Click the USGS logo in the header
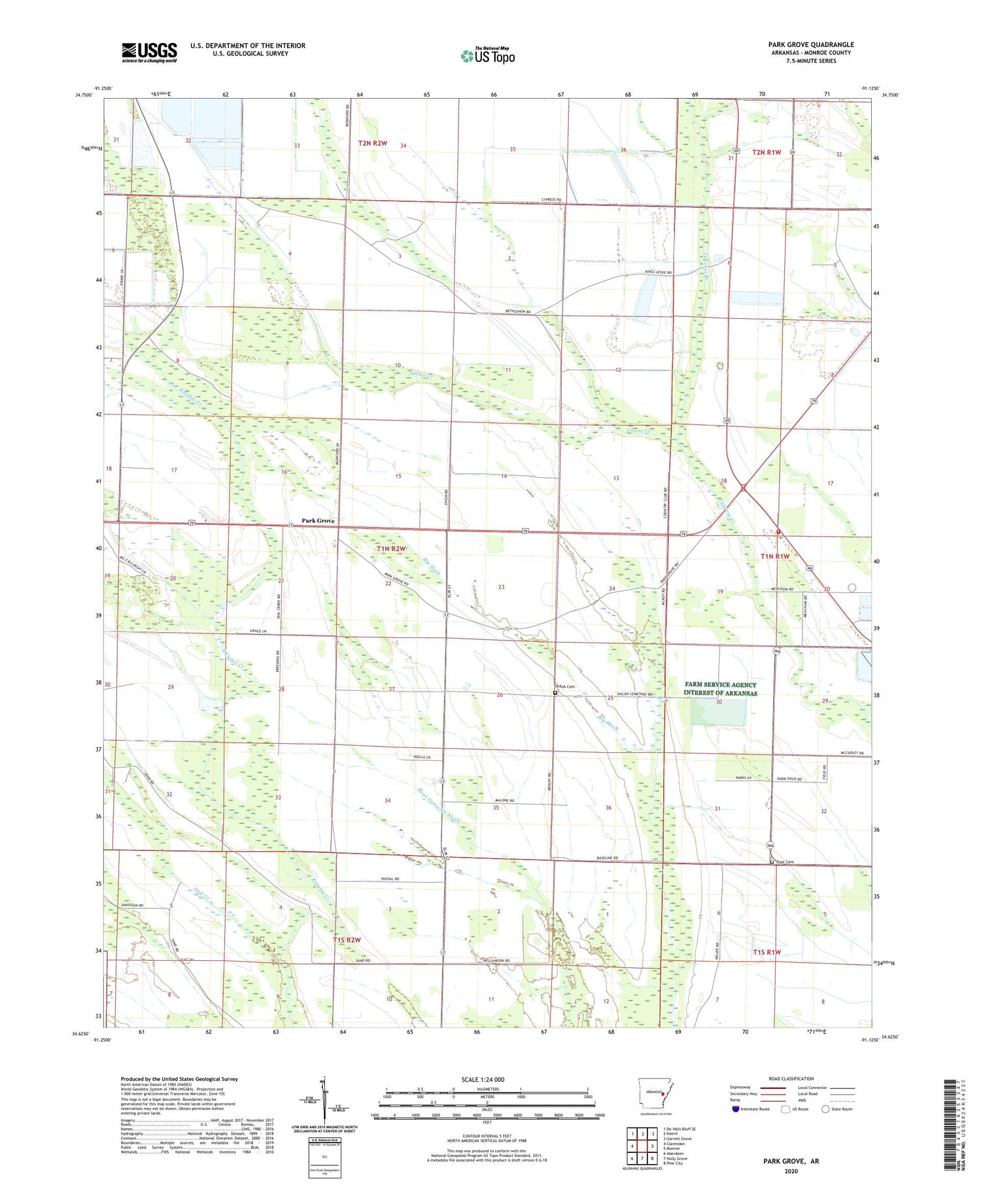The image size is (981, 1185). click(149, 52)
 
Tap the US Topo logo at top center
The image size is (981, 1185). click(487, 56)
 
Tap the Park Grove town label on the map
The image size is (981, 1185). click(318, 520)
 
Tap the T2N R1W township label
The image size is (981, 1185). click(766, 152)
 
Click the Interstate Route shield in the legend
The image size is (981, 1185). click(736, 1109)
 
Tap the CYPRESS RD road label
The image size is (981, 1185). click(551, 200)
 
